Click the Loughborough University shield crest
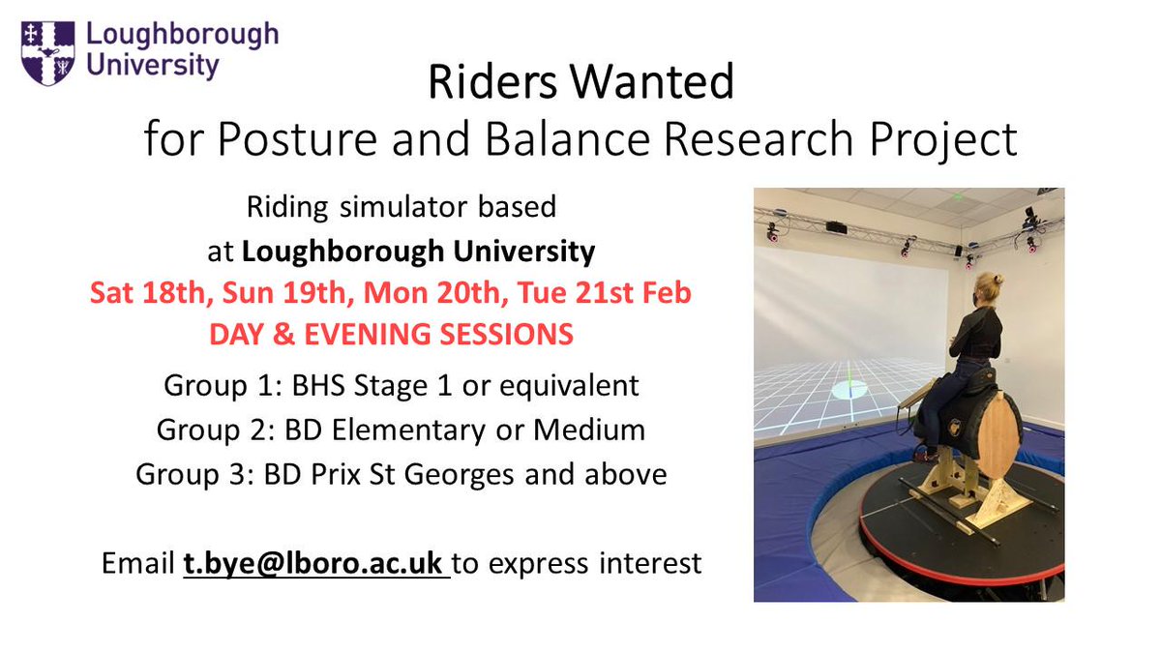pos(46,54)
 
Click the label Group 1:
pos(212,386)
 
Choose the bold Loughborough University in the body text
pos(418,252)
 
